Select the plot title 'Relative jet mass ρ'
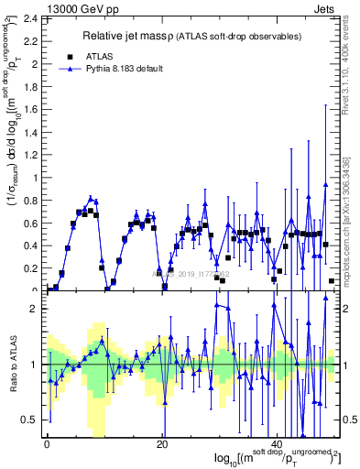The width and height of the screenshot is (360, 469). (x=139, y=37)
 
